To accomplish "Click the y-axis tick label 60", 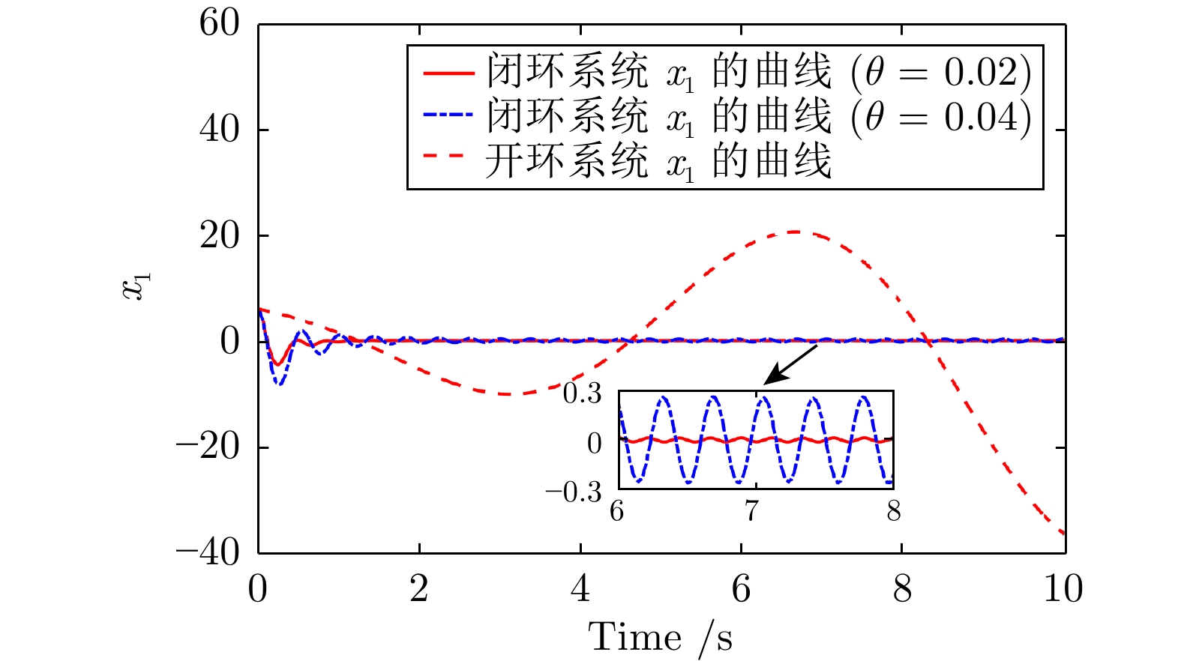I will click(219, 23).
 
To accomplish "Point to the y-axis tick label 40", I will click(219, 130).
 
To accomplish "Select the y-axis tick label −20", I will click(208, 447).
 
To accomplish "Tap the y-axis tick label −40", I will click(208, 553).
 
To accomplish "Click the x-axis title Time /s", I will click(660, 639).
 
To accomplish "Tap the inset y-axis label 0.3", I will click(583, 393).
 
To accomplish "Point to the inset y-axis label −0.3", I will click(574, 492).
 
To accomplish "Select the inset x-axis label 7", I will click(751, 511).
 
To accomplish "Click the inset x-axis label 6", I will click(617, 511).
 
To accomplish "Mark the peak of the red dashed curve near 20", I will click(795, 232).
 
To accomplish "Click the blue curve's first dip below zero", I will click(280, 384).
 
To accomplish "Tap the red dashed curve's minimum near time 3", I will click(507, 393).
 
